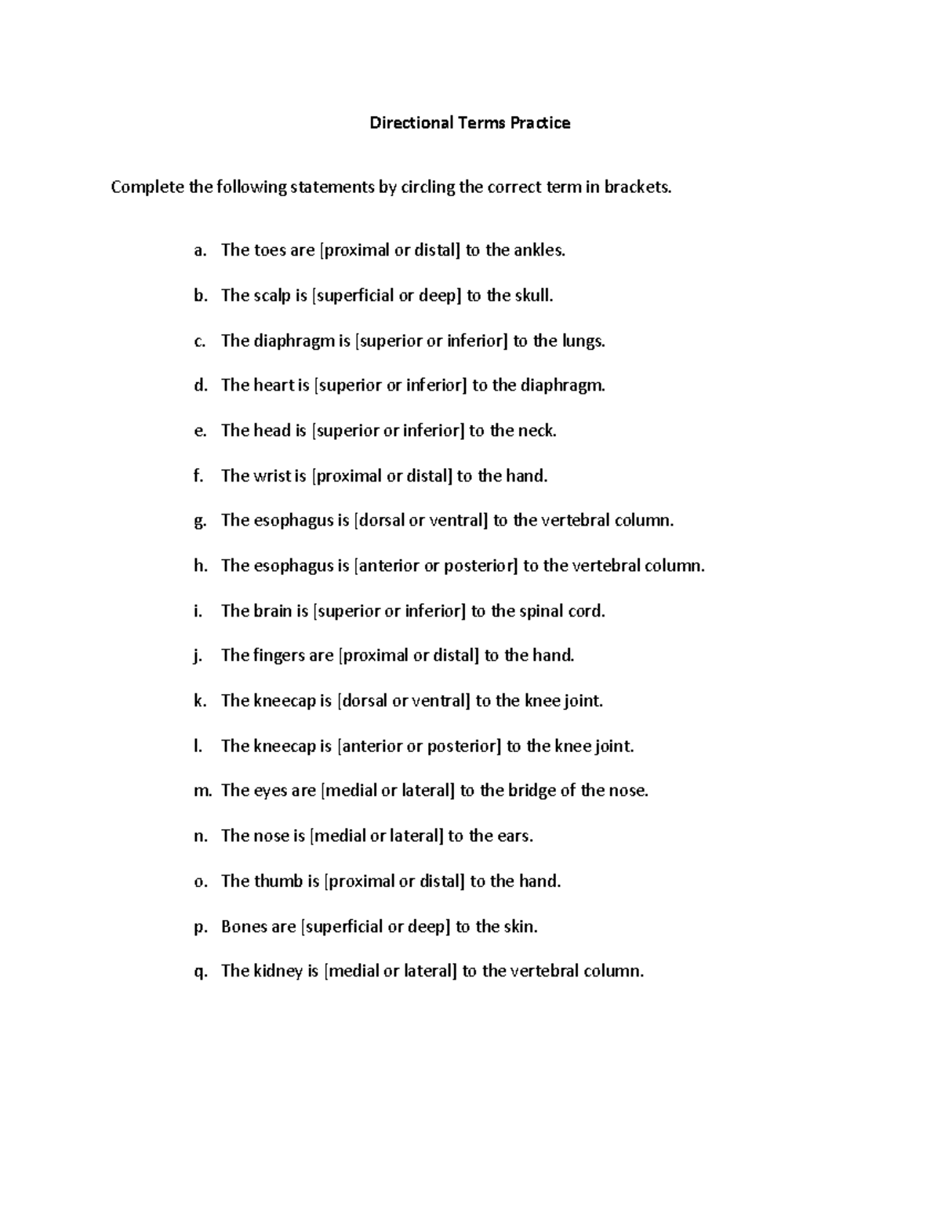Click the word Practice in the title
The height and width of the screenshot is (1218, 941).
coord(540,123)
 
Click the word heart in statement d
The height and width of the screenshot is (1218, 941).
coord(274,385)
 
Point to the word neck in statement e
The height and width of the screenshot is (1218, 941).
coord(537,431)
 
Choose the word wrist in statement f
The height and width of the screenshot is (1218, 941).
coord(272,476)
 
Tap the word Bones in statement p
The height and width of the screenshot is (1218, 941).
coord(243,927)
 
